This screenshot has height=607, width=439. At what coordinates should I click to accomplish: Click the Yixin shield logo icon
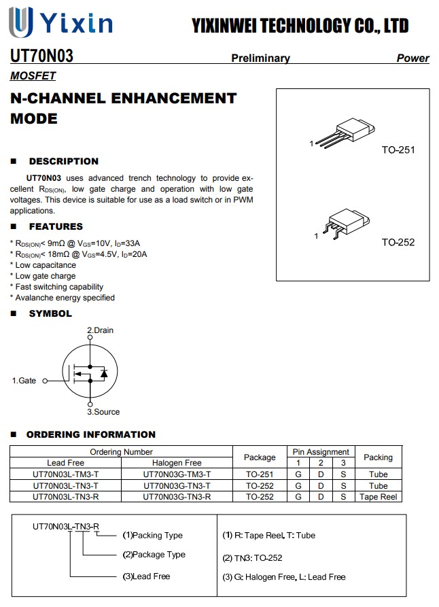20,22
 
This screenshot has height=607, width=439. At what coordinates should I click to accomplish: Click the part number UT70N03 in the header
42,56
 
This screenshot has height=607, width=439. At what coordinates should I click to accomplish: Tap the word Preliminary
260,58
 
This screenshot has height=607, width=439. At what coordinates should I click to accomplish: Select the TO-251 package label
398,150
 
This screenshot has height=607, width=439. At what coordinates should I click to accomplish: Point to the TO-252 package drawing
347,224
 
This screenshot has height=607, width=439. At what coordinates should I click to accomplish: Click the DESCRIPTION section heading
64,161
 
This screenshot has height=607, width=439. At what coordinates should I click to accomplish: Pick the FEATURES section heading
56,226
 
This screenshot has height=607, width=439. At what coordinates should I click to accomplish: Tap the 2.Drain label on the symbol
101,330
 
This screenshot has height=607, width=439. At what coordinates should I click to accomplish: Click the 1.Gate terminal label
24,381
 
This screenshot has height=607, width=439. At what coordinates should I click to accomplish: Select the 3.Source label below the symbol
103,412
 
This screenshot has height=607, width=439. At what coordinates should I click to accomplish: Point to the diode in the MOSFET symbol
104,373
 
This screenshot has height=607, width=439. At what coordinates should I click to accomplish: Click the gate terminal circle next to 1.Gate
45,381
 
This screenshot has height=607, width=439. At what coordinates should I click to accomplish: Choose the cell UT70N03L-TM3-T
65,474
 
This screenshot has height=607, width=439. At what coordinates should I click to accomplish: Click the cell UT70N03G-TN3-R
177,497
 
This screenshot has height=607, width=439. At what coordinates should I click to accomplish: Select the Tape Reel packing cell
379,497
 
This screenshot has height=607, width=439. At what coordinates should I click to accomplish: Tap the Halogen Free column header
177,463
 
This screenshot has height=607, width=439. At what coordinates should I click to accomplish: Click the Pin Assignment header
321,452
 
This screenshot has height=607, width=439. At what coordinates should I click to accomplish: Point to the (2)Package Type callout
154,555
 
